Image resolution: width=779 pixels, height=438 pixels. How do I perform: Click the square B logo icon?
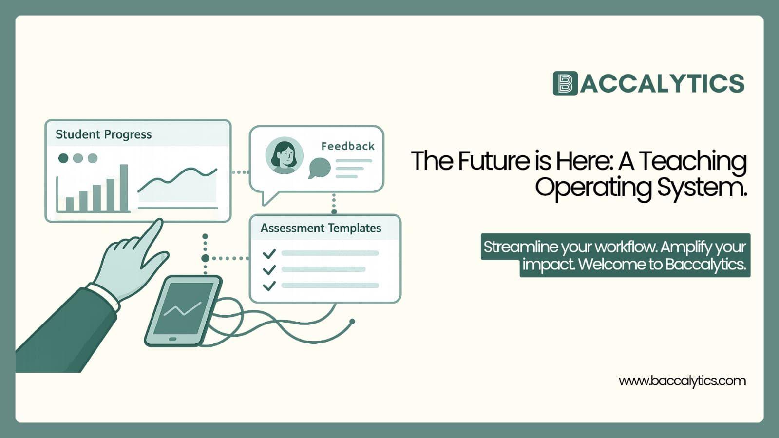(x=565, y=83)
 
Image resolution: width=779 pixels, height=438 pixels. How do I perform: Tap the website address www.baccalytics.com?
(x=682, y=381)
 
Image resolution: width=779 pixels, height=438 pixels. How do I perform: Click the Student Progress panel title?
(x=103, y=134)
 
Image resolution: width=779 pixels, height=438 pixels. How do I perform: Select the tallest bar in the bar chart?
(x=124, y=188)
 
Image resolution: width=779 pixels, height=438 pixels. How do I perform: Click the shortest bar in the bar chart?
(x=70, y=204)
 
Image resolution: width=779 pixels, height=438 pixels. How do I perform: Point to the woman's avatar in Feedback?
(x=284, y=155)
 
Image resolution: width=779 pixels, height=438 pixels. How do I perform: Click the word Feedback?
(x=348, y=146)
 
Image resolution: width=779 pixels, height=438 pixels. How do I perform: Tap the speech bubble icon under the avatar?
(x=320, y=168)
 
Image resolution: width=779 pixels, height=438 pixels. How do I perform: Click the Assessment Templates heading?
(x=321, y=228)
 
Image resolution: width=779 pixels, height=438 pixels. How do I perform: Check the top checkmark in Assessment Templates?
(x=269, y=253)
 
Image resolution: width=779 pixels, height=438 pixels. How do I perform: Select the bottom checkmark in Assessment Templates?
(x=269, y=286)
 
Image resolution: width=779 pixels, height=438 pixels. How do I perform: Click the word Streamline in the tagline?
(x=520, y=247)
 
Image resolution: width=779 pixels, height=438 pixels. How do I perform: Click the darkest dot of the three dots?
(x=63, y=158)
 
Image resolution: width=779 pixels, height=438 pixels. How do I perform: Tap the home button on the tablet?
(x=172, y=339)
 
